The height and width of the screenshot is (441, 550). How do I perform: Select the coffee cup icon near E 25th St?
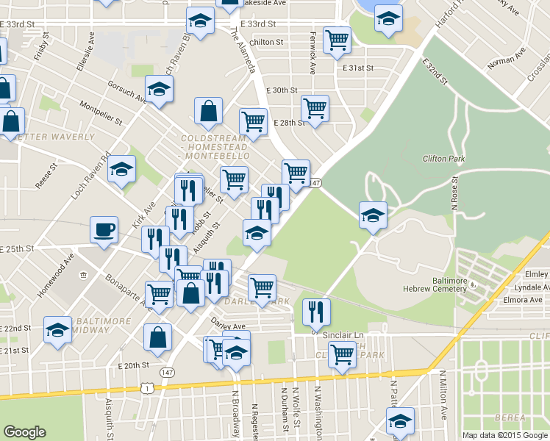[x=104, y=229]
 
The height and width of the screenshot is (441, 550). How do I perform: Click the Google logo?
[x=24, y=432]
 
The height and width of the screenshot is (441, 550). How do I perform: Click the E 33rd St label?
[x=18, y=24]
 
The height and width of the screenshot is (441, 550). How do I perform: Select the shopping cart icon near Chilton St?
[x=337, y=40]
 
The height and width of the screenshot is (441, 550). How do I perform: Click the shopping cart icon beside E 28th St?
[x=315, y=108]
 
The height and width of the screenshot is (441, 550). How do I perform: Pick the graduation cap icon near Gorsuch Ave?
[x=158, y=90]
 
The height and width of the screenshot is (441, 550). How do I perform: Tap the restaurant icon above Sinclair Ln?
[x=317, y=311]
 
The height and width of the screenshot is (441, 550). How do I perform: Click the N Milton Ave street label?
[x=443, y=395]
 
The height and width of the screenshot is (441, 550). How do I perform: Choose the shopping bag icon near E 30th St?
[x=209, y=111]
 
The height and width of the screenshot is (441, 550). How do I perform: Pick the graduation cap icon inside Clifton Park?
[x=373, y=215]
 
